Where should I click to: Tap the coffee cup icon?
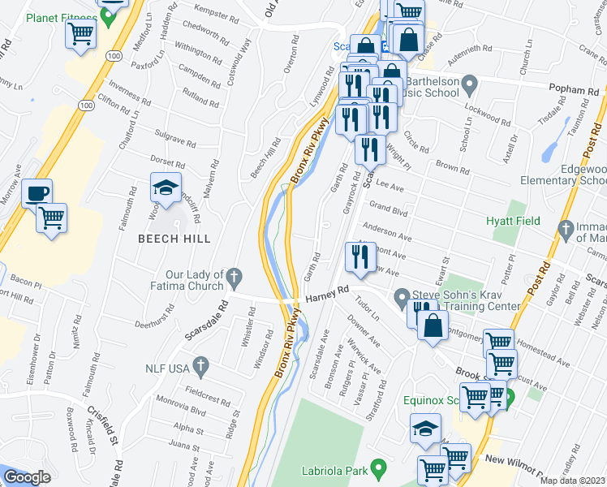[37, 193]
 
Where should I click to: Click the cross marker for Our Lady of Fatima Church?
[234, 278]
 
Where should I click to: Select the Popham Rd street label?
[565, 89]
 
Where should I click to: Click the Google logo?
[27, 477]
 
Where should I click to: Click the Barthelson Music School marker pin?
[468, 84]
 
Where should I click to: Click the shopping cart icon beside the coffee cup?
[51, 218]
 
